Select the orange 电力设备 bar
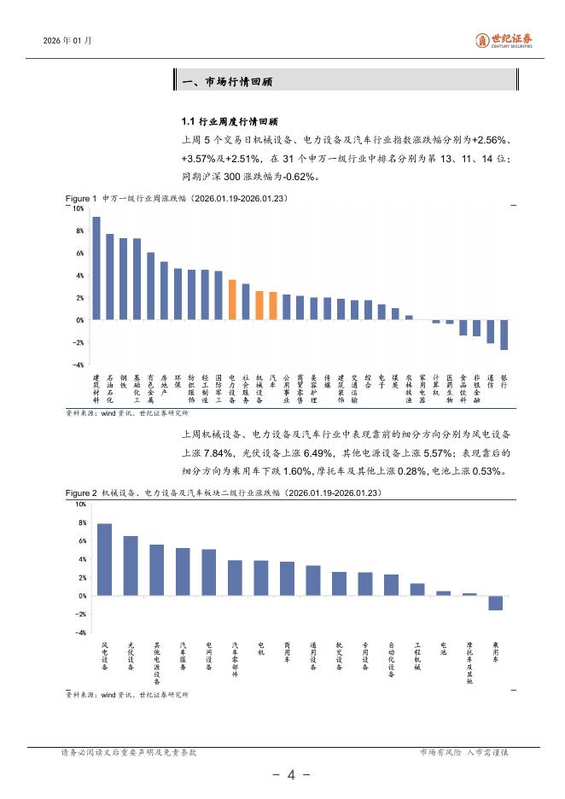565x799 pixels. click(232, 300)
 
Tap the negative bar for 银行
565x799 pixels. click(504, 335)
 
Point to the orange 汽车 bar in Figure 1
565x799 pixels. click(273, 306)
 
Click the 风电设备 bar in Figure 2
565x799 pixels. click(105, 559)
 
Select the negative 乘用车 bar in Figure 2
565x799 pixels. click(495, 603)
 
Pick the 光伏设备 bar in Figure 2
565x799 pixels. click(131, 565)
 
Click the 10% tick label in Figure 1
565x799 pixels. click(78, 208)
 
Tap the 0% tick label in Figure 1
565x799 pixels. click(79, 320)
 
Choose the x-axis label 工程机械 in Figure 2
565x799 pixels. click(417, 656)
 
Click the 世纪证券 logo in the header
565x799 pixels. click(504, 39)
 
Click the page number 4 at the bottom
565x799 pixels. click(290, 775)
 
